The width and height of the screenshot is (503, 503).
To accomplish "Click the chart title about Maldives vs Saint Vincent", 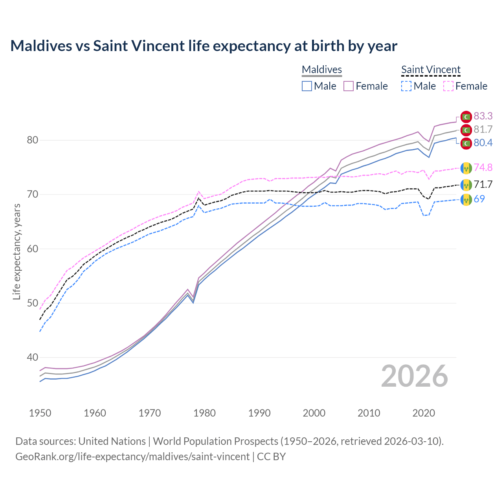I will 204,46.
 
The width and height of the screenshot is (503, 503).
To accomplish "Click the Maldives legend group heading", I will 322,70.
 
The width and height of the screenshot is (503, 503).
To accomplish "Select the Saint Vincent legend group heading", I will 431,70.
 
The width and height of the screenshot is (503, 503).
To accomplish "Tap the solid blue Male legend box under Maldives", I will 307,86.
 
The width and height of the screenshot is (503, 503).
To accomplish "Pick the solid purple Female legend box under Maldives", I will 349,86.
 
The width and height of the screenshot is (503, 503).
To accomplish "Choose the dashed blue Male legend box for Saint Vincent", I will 406,86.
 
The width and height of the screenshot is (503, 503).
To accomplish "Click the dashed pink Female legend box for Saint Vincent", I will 448,86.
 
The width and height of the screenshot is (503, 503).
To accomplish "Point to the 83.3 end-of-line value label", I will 483,116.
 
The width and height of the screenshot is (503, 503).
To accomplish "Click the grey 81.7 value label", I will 483,129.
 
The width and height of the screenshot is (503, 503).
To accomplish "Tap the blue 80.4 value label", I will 483,143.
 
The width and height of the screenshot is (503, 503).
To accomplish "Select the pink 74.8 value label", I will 483,167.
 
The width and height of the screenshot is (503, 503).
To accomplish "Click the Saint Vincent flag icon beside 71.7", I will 466,184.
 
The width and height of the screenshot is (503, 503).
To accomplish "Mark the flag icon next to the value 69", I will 466,199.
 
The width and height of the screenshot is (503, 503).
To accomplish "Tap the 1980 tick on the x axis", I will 204,413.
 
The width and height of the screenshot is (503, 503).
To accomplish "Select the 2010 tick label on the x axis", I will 369,413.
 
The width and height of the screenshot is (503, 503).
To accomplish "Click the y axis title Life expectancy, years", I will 17,251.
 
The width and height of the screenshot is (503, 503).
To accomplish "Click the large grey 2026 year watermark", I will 414,376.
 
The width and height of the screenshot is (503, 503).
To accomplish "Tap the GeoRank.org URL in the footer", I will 132,457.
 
